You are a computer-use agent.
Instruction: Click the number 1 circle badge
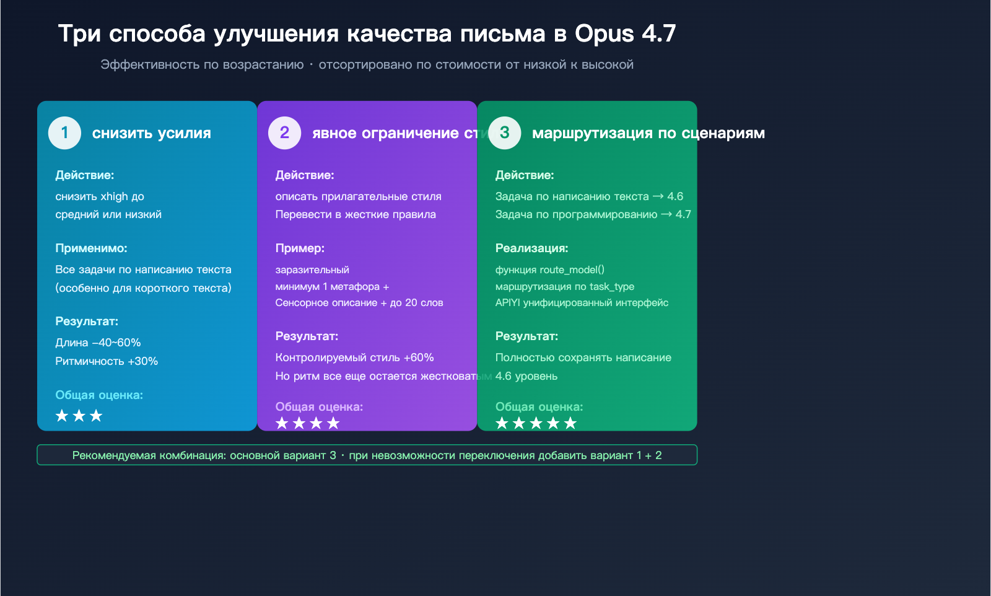tap(64, 133)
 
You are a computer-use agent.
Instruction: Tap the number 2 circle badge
tap(284, 133)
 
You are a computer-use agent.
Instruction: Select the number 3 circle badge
tap(504, 133)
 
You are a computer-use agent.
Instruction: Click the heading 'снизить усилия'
tap(151, 133)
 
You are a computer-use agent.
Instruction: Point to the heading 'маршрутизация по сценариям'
tap(648, 133)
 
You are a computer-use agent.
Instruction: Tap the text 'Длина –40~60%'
tap(98, 343)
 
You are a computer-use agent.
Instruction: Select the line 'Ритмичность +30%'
tap(107, 361)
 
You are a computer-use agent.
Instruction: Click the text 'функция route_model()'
tap(549, 270)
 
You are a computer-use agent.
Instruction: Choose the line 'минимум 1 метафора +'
tap(332, 286)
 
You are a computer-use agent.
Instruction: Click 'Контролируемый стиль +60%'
tap(354, 357)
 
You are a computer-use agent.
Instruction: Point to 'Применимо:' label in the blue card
tap(91, 248)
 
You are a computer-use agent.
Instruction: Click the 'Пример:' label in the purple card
tap(300, 248)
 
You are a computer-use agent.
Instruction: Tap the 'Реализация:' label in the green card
tap(531, 248)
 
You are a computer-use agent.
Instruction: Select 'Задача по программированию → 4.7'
tap(593, 214)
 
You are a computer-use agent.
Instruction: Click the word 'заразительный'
tap(312, 270)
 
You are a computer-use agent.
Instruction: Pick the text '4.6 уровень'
tap(526, 376)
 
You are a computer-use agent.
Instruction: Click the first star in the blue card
tap(62, 416)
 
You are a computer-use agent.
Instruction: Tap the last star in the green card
tap(570, 423)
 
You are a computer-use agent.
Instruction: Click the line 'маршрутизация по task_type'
tap(564, 286)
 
